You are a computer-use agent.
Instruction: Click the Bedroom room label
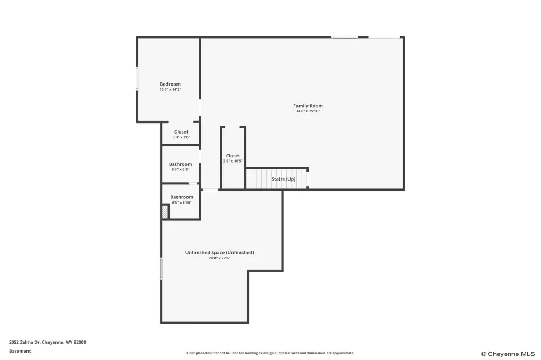170,84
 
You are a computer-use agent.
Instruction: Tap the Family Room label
308,106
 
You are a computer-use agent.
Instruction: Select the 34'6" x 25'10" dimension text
308,111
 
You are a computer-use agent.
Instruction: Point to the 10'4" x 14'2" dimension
170,90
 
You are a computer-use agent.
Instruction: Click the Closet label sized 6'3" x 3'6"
181,132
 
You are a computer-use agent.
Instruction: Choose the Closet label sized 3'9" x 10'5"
233,156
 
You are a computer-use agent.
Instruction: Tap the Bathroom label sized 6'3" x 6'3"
181,164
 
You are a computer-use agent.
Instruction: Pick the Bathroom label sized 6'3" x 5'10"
182,197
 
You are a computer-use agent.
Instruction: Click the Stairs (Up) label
283,179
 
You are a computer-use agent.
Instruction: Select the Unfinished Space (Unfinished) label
219,252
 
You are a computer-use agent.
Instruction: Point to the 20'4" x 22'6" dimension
219,258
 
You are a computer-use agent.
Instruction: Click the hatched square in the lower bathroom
165,212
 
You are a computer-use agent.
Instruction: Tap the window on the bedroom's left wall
137,79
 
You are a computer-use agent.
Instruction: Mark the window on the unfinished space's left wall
161,268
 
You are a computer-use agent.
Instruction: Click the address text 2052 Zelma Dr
24,342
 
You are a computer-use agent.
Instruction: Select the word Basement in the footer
20,351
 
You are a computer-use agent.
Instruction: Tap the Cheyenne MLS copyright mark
508,354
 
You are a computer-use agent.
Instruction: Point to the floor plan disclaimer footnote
270,353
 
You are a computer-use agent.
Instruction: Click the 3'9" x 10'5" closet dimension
233,161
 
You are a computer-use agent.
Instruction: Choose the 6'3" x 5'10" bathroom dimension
182,203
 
